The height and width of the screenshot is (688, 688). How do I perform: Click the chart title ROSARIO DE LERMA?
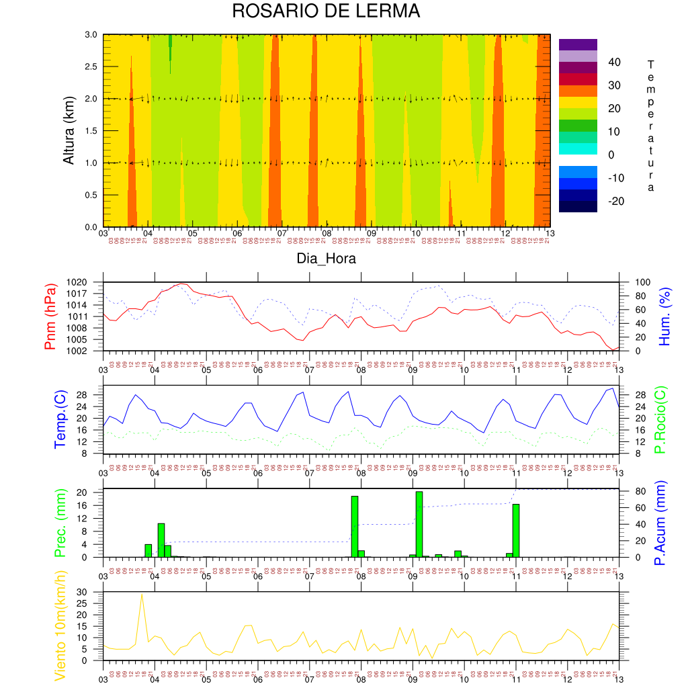click(x=326, y=11)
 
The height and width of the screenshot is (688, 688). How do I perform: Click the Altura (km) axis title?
click(x=68, y=130)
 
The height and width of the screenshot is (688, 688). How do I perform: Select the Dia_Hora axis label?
click(x=327, y=258)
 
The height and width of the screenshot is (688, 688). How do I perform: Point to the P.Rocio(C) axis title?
click(x=660, y=419)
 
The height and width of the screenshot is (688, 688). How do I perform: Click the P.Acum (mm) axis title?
click(x=660, y=523)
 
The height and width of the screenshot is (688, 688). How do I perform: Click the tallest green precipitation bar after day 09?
click(x=419, y=524)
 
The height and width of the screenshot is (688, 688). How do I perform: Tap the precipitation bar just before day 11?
click(x=516, y=530)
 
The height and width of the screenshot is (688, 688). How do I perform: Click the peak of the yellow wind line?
click(x=142, y=594)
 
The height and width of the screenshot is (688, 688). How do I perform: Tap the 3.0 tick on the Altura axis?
click(x=91, y=35)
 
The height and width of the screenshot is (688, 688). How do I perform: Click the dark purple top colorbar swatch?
click(x=578, y=44)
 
